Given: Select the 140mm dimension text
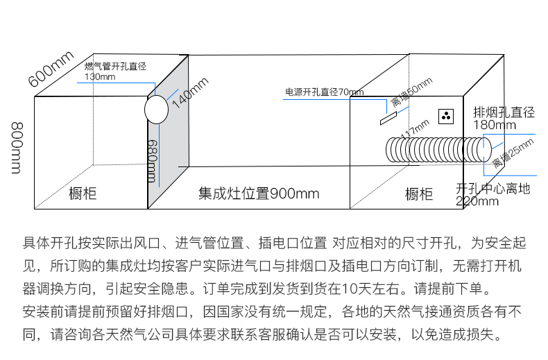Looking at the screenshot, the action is [189, 92].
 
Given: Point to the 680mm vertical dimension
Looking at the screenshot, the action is [153, 160].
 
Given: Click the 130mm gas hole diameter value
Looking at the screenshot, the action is [100, 76].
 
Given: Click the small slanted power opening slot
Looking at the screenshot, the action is [387, 119].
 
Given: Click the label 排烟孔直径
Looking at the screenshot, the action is [504, 112].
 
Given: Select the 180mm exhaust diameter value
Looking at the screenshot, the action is [495, 125].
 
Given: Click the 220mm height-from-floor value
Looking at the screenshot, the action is [477, 201].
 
